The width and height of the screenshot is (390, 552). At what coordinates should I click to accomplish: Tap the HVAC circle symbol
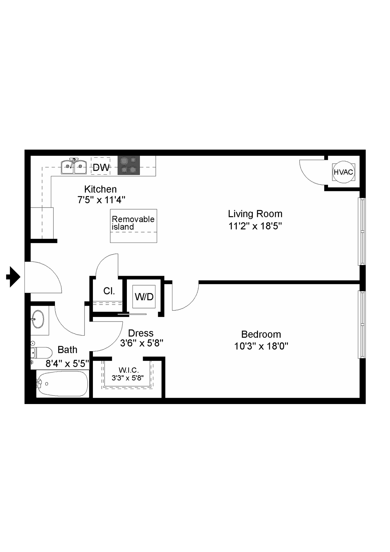coord(343,172)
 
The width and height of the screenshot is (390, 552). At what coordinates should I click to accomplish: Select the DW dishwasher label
coord(101,167)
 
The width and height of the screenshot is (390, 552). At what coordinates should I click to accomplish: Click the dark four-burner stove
coord(129,165)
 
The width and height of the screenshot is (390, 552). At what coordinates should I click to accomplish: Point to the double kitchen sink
coord(74,167)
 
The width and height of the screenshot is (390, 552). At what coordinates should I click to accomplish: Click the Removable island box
coord(134,226)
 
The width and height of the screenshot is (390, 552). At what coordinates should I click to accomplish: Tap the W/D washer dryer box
coord(144,296)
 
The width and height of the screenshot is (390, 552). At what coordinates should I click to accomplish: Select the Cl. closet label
coord(109,291)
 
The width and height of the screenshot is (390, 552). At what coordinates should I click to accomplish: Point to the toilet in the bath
coord(42,353)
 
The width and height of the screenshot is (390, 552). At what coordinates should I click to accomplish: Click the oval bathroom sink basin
coord(38,319)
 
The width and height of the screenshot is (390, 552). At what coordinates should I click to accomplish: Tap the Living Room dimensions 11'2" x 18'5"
coord(255,226)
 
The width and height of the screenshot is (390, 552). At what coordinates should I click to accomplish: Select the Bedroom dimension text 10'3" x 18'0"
coord(261,346)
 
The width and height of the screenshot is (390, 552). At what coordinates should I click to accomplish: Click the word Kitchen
coord(100,189)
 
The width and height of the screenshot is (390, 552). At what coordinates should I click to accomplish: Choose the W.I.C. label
coord(128,370)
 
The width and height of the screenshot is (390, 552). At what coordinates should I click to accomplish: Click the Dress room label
coord(141,333)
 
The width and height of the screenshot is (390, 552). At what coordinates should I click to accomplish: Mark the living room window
coord(362,232)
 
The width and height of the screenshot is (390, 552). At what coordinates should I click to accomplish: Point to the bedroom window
coord(362,325)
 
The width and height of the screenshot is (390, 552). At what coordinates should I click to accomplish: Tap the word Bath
coord(67,350)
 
